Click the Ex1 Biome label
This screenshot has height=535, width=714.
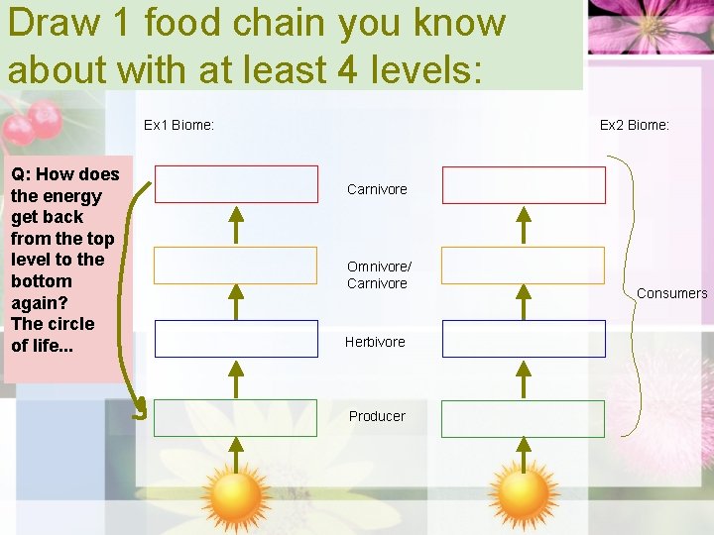(x=178, y=125)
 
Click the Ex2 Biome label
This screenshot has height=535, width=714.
(x=635, y=125)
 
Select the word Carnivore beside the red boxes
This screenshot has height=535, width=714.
(x=377, y=189)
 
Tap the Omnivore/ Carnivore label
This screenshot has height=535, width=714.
(x=379, y=274)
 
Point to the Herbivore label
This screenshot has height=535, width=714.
(x=375, y=342)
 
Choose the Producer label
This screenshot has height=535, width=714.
(x=377, y=416)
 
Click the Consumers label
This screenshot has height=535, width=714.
(x=671, y=293)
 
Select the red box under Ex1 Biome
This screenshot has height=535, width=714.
(x=236, y=184)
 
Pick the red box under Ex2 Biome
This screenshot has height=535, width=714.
(x=523, y=184)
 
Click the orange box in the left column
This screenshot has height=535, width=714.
(x=236, y=265)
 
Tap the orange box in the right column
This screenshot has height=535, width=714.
(x=523, y=265)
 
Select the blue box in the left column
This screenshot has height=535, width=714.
(x=236, y=339)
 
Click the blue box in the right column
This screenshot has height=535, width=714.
(x=523, y=339)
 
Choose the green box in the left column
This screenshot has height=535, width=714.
(x=236, y=418)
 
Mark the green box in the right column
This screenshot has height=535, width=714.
(x=523, y=418)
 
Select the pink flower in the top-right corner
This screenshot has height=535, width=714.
(x=650, y=27)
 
